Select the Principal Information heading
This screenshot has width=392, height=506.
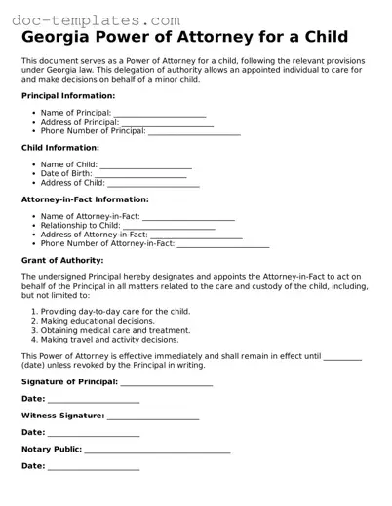(69, 96)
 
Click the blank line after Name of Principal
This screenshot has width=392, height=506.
(160, 114)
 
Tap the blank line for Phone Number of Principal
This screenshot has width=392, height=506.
(194, 131)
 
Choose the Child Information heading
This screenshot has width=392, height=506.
(59, 148)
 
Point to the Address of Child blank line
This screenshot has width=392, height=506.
(153, 183)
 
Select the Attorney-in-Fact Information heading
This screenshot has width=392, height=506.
(85, 199)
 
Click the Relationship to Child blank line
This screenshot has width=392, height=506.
(169, 226)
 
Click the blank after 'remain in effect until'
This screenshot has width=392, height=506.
(342, 356)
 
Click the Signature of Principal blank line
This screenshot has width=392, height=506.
(166, 382)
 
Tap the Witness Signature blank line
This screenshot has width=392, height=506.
(153, 416)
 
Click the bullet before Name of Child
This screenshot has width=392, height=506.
(34, 165)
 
